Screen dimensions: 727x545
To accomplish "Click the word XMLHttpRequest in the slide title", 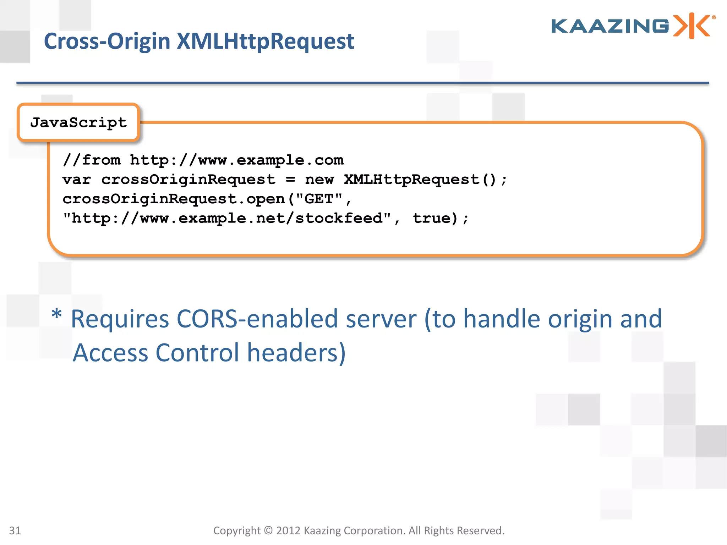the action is (265, 42).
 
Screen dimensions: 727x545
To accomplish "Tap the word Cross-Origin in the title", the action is (107, 42).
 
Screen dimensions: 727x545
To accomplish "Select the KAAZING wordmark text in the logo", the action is (610, 26).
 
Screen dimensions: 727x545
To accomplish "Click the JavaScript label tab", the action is (78, 123).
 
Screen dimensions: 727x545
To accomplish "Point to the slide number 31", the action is (15, 530).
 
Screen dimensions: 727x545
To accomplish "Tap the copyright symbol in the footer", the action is (268, 530).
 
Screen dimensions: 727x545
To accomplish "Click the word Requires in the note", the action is (120, 319).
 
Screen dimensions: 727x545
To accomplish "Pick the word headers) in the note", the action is (296, 353).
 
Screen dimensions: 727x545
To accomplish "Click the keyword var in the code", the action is (77, 180).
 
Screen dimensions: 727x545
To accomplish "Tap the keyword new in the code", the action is (319, 180).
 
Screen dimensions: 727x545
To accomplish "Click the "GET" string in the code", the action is (318, 199).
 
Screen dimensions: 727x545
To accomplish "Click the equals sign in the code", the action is (290, 180).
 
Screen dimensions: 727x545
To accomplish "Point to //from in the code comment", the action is (92, 160).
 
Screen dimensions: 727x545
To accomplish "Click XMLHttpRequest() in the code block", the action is (420, 180).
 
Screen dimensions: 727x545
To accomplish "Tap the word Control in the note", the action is (197, 353).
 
